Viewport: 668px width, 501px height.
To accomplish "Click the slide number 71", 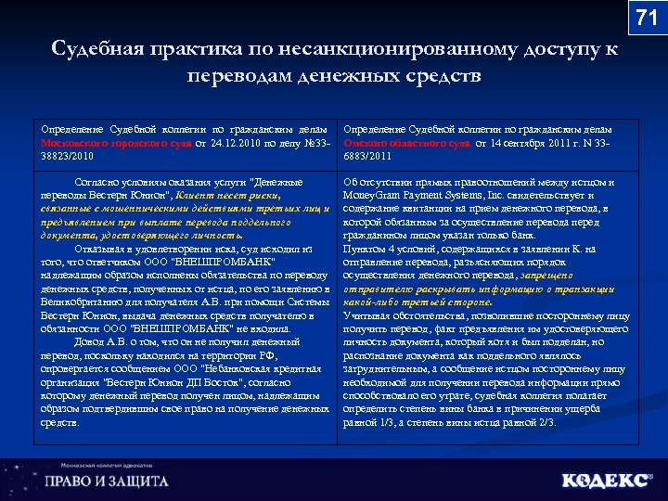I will click(x=646, y=18).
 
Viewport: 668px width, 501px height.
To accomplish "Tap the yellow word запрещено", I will click(x=552, y=276).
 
